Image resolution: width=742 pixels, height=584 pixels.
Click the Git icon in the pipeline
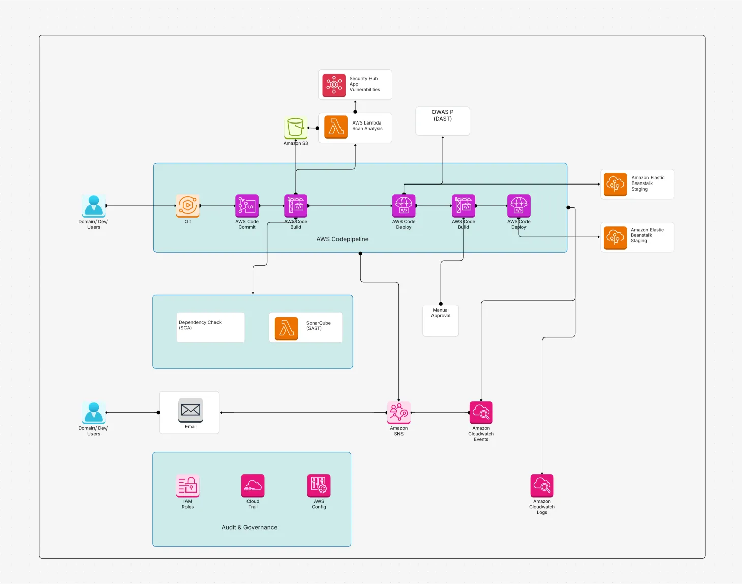[188, 206]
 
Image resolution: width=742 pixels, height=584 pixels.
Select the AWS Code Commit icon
[247, 206]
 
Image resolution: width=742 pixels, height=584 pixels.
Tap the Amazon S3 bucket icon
[295, 128]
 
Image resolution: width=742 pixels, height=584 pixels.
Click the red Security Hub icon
[334, 84]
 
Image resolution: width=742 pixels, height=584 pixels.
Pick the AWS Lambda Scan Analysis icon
[336, 127]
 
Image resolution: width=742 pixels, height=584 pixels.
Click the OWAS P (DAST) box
[442, 121]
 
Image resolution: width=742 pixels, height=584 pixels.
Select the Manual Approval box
[441, 321]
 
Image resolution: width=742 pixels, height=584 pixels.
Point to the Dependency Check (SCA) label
[200, 325]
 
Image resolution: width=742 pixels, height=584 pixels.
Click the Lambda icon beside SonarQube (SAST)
[286, 328]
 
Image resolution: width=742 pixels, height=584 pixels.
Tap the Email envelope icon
[191, 410]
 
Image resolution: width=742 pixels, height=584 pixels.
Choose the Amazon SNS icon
[399, 412]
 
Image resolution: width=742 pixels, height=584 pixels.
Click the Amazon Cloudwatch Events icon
[481, 412]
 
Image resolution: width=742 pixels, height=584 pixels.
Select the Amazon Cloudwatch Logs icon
[542, 485]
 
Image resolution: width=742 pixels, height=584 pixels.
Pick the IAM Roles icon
[188, 485]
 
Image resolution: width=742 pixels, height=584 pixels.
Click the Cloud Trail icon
[253, 485]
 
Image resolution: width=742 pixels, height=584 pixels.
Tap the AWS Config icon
[319, 485]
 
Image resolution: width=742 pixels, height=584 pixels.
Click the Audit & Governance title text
[250, 527]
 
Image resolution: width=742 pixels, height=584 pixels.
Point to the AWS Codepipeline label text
[343, 239]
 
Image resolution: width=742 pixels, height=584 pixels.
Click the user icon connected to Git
[94, 206]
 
